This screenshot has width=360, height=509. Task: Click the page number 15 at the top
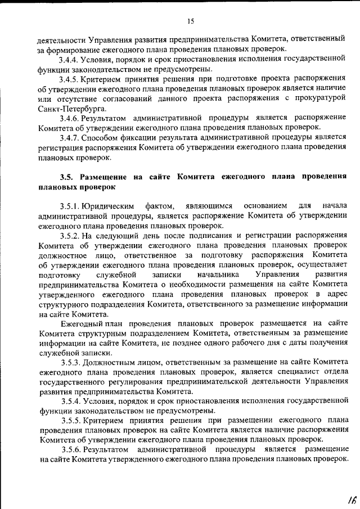coord(191,21)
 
